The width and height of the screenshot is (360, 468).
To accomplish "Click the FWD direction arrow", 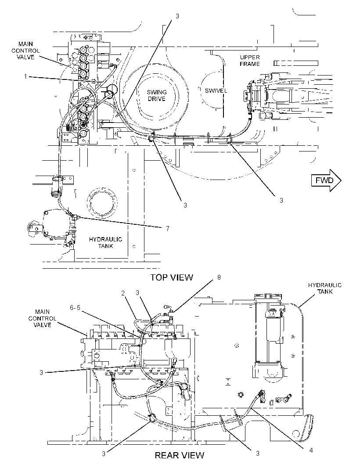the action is pyautogui.click(x=326, y=180).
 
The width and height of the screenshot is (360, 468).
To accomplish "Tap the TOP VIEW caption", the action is pyautogui.click(x=172, y=277).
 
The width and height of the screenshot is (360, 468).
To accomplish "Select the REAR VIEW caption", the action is pyautogui.click(x=180, y=455).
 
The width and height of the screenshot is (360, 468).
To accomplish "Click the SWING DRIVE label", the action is pyautogui.click(x=157, y=95).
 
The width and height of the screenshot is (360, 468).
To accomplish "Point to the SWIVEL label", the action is pyautogui.click(x=216, y=91).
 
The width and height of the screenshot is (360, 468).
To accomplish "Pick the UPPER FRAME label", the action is pyautogui.click(x=250, y=60).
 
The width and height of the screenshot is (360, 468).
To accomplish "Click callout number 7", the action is pyautogui.click(x=168, y=228).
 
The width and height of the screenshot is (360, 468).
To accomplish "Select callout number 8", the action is pyautogui.click(x=219, y=277).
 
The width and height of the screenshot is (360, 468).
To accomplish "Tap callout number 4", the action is pyautogui.click(x=311, y=450).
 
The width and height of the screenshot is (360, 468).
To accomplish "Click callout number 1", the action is pyautogui.click(x=25, y=76).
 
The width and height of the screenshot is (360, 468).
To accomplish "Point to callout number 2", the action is pyautogui.click(x=123, y=293).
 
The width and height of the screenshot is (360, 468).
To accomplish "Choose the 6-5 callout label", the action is pyautogui.click(x=75, y=307).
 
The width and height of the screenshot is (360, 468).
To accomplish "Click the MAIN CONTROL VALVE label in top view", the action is pyautogui.click(x=25, y=50).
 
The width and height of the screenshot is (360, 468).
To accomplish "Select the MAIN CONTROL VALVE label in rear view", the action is pyautogui.click(x=42, y=318).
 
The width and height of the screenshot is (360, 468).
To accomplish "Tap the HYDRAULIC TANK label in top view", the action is pyautogui.click(x=105, y=243).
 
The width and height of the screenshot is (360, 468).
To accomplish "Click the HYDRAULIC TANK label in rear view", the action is pyautogui.click(x=325, y=288).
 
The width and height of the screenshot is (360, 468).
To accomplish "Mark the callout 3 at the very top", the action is pyautogui.click(x=177, y=16).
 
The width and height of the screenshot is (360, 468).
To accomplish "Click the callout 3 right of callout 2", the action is pyautogui.click(x=137, y=293).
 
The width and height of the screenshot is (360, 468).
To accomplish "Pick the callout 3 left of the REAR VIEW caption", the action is pyautogui.click(x=104, y=454).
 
